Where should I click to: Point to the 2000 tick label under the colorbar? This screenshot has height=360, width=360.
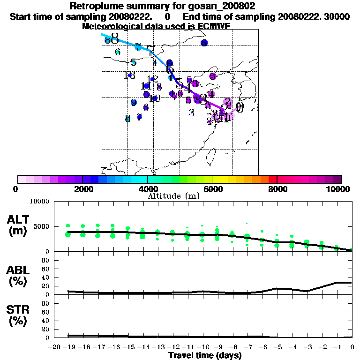[x=82, y=189]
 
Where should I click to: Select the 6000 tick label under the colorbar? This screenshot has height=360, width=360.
[x=212, y=189]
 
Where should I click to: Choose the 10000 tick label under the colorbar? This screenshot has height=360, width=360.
[x=338, y=189]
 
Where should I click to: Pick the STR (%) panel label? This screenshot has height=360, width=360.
[x=18, y=315]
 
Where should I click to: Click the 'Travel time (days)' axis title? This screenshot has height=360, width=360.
[x=205, y=356]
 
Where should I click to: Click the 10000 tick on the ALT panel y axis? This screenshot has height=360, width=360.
[x=39, y=202]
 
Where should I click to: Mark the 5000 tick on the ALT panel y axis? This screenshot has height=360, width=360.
[x=41, y=226]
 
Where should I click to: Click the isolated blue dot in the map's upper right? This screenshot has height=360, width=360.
[x=204, y=43]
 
